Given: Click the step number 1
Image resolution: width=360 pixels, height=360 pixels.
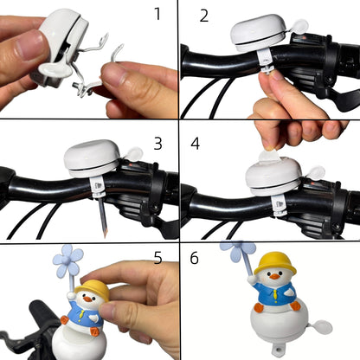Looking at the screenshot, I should [x=157, y=15].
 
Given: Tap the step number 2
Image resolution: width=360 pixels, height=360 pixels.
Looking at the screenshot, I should [x=203, y=16].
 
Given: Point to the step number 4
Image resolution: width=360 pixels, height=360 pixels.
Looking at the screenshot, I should [x=196, y=141].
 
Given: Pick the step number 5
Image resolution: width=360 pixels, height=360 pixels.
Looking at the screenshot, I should [x=157, y=258].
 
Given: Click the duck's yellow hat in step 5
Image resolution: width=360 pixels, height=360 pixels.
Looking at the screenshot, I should [x=94, y=290].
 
